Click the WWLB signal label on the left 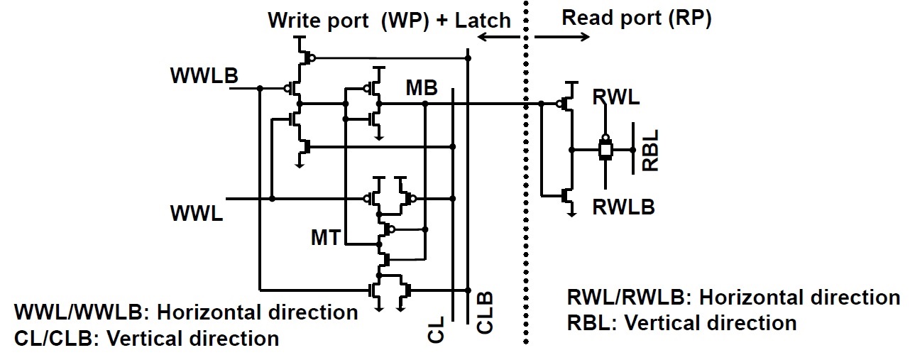click(x=204, y=76)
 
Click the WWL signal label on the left click(x=197, y=212)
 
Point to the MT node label click(x=327, y=238)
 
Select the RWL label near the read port click(x=615, y=97)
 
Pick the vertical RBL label click(x=650, y=151)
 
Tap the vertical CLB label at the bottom click(x=484, y=313)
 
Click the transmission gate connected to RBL click(x=605, y=150)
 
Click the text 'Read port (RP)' click(x=637, y=18)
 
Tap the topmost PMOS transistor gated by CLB click(x=303, y=56)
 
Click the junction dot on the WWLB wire click(x=261, y=89)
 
